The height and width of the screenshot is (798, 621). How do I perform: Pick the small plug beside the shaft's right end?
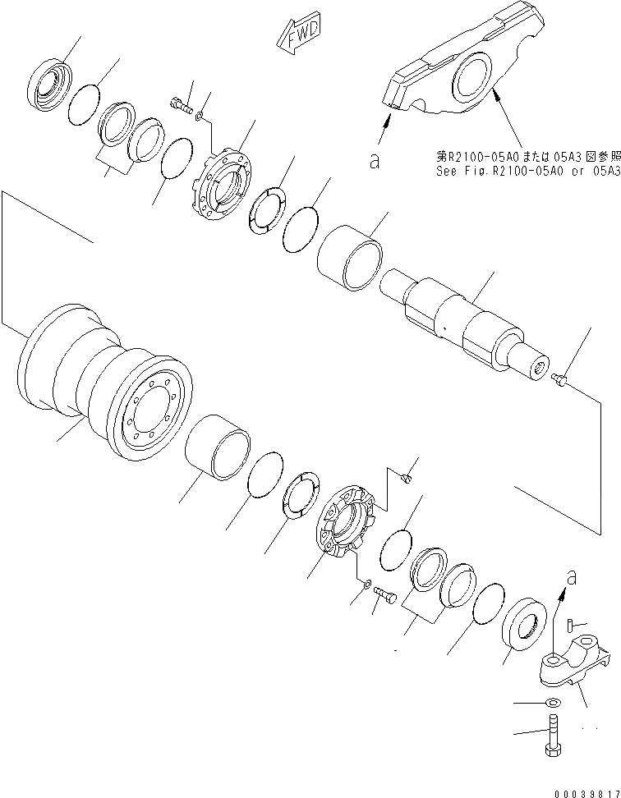click(x=560, y=378)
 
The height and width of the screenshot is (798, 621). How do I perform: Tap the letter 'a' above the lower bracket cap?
click(x=572, y=578)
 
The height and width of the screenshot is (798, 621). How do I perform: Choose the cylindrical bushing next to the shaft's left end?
click(x=350, y=261)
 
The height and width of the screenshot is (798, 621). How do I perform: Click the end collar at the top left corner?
click(x=49, y=81)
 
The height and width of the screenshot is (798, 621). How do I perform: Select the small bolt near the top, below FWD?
click(x=181, y=105)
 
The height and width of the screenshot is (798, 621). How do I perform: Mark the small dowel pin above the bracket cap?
click(x=570, y=626)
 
